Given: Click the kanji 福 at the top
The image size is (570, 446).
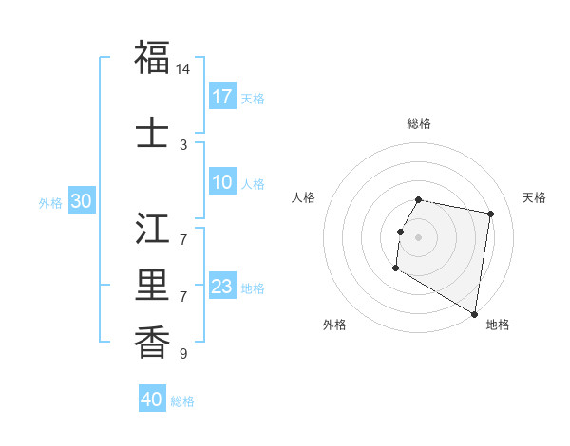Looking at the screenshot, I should click(152, 57).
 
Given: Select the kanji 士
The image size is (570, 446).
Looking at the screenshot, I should click(152, 133).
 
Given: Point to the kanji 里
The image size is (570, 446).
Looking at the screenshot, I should click(152, 286).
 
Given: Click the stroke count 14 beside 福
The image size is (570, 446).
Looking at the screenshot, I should click(183, 69).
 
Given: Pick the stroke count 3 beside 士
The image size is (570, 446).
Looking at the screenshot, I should click(183, 145).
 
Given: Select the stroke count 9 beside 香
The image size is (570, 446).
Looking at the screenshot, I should click(183, 354).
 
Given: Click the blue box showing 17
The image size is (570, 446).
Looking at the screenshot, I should click(222, 97).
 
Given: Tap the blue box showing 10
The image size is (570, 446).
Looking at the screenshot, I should click(222, 182).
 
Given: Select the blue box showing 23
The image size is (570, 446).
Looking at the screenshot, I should click(222, 287).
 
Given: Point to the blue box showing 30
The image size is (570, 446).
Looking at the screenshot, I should click(81, 201).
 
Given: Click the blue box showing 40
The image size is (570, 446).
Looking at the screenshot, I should click(152, 400).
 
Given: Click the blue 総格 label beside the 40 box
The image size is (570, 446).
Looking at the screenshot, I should click(182, 401).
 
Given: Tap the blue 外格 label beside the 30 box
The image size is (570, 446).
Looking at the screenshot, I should click(50, 202).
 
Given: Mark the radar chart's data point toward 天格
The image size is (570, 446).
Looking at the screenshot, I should click(491, 214).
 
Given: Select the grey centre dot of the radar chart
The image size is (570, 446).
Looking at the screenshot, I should click(418, 236).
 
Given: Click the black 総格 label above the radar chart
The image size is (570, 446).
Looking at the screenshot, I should click(419, 123).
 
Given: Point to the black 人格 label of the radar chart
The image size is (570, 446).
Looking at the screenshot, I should click(304, 197).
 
